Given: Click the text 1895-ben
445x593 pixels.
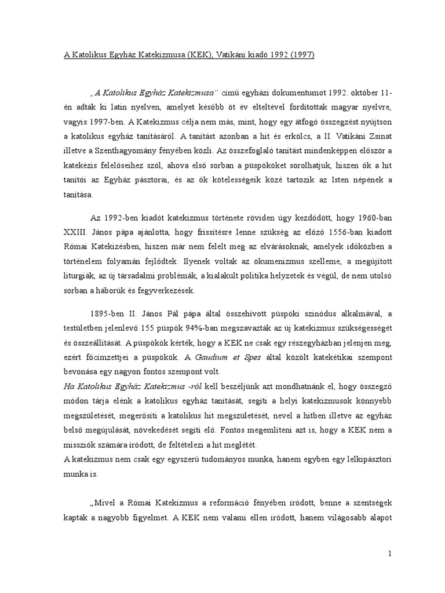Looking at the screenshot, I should (x=110, y=315).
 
